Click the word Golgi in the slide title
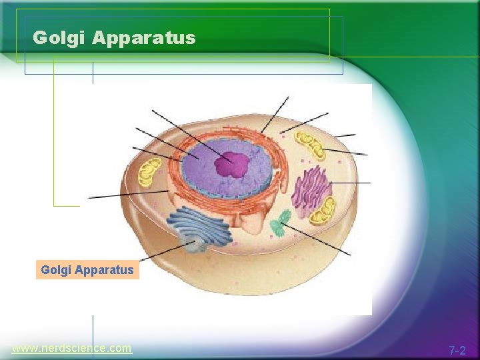coord(60,38)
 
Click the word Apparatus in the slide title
coord(144,39)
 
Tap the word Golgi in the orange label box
coord(56,270)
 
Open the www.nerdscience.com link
coord(72,349)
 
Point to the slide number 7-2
coord(457,350)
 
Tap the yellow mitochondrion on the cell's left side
coord(149,172)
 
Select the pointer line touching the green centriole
coord(320,241)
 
